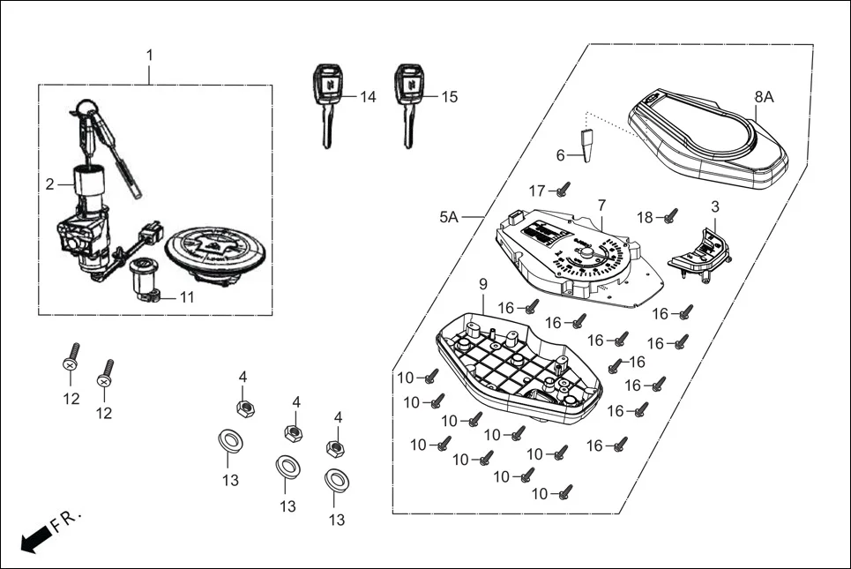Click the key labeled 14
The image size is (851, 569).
point(326,101)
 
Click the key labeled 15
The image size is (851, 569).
point(407,101)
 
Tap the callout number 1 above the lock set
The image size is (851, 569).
point(149,55)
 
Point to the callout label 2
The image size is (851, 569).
point(50,184)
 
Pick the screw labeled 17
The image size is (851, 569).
point(564,188)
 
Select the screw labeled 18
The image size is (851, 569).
point(670,214)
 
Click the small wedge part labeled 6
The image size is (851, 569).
point(586,145)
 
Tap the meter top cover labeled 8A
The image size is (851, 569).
point(705,141)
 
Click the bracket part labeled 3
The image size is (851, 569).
point(700,251)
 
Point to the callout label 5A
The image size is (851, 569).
point(449,216)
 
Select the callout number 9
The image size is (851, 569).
point(482,283)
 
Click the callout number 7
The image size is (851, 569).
point(601,205)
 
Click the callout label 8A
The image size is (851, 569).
point(763,97)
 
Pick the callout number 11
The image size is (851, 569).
point(186,297)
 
